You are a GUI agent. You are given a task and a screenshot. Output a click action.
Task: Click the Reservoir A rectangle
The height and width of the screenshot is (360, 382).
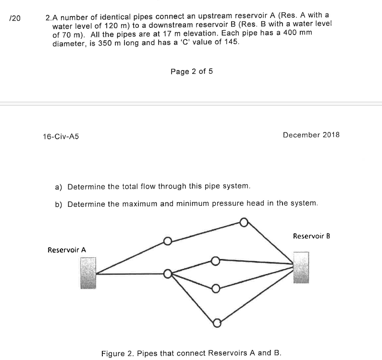[x=88, y=273]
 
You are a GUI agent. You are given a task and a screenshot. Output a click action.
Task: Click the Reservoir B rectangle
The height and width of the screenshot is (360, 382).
[x=301, y=267]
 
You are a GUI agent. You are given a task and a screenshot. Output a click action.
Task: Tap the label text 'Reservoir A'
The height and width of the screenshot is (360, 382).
[x=67, y=250]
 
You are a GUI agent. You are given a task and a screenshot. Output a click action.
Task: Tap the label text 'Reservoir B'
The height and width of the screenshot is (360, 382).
[x=311, y=236]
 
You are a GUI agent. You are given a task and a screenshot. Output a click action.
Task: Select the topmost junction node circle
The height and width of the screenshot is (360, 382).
[x=244, y=222]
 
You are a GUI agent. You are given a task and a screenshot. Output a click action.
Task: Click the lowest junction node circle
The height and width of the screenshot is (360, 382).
[x=217, y=322]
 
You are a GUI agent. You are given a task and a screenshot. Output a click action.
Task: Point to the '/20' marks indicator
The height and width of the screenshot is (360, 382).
[x=15, y=18]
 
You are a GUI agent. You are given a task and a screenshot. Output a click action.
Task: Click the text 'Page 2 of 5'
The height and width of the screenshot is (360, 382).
[x=191, y=72]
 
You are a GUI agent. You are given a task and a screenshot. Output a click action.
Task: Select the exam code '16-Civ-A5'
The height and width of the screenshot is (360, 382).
[x=61, y=136]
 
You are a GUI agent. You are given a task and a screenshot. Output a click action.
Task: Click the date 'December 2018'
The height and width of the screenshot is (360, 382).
[x=311, y=134]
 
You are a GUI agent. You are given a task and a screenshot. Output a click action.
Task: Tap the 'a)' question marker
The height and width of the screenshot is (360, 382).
[x=60, y=186]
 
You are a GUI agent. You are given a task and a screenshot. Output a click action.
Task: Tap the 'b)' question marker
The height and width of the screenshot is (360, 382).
[x=60, y=204]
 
